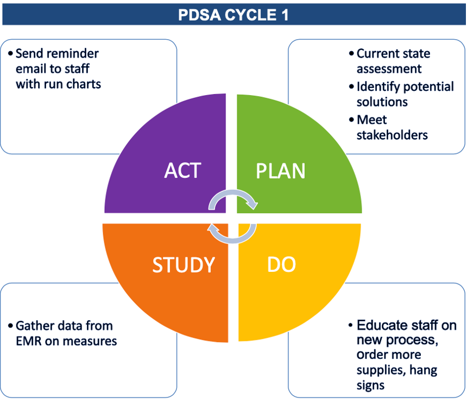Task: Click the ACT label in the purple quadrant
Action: [x=182, y=171]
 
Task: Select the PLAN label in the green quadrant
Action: [x=281, y=171]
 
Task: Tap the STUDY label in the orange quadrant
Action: [x=184, y=265]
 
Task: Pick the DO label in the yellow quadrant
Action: [x=281, y=264]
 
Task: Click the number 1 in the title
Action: [x=285, y=15]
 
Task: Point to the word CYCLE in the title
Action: [x=250, y=15]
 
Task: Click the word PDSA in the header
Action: [x=199, y=15]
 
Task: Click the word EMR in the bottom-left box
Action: [x=29, y=341]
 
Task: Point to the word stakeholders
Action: [x=392, y=135]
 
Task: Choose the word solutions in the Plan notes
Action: [x=382, y=102]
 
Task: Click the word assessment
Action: [x=389, y=69]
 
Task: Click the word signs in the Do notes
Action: [x=370, y=386]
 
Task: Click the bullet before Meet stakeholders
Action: [x=351, y=120]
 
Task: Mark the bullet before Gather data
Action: [x=10, y=326]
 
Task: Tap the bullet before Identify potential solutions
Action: [x=351, y=87]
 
